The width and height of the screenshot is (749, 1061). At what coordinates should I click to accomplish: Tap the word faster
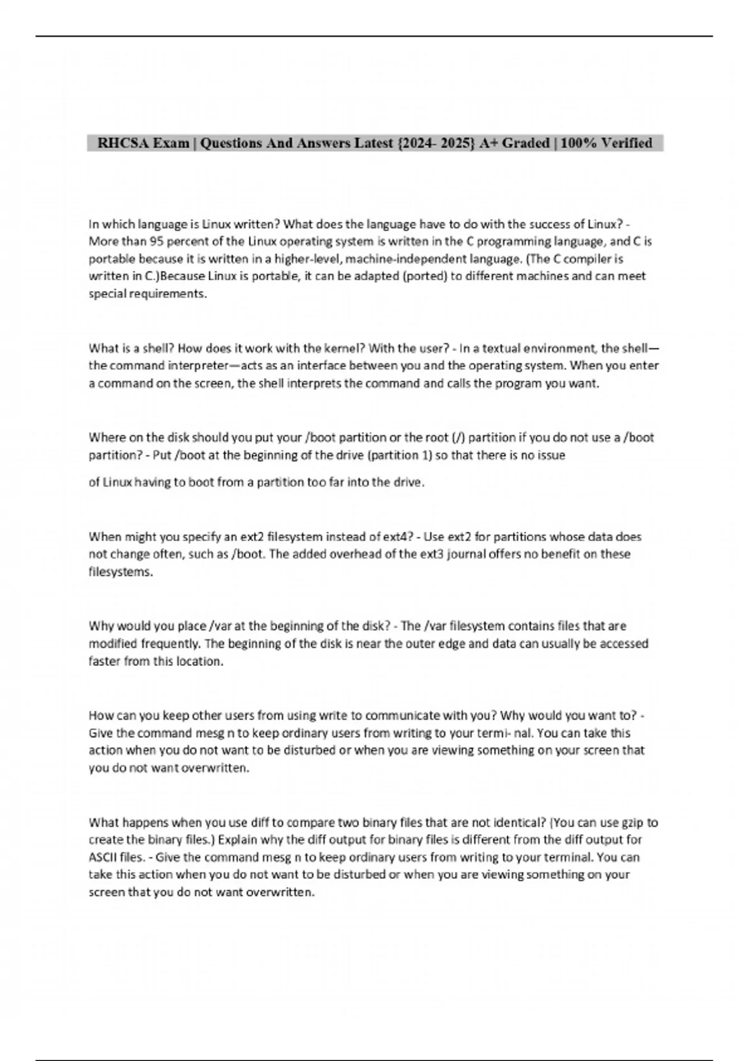(104, 662)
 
